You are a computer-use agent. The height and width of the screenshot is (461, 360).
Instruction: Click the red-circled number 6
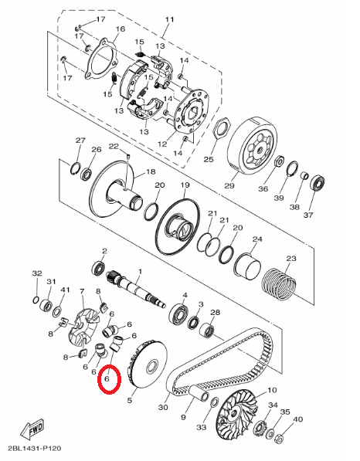(x=108, y=380)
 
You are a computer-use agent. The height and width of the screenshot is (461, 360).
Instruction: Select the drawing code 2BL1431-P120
(x=36, y=448)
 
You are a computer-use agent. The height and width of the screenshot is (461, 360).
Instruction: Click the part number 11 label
(x=170, y=20)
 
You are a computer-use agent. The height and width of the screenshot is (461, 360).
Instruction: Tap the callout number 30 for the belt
(x=162, y=408)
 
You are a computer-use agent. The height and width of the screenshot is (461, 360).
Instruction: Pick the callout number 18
(x=151, y=171)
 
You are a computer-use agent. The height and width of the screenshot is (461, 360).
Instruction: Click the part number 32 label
(x=36, y=274)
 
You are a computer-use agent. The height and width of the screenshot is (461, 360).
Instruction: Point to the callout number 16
(x=119, y=30)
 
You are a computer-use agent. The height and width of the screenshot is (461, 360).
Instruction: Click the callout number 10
(x=271, y=391)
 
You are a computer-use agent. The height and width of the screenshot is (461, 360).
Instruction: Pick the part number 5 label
(x=131, y=401)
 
